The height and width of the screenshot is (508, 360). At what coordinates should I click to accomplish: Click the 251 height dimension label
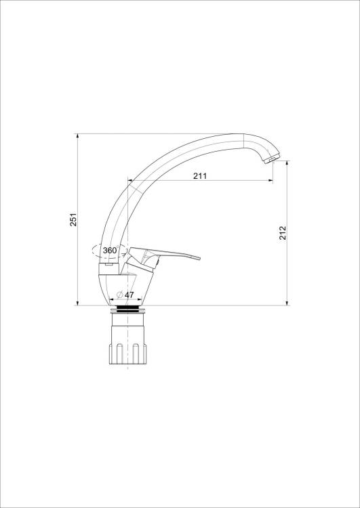pos(74,219)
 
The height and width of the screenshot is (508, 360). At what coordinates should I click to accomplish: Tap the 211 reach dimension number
pos(200,176)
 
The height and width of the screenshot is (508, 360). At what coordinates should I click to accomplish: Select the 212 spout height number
pos(283,232)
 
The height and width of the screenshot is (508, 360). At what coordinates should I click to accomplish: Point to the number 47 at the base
pos(129,295)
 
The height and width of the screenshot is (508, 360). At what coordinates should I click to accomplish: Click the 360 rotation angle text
pos(110,250)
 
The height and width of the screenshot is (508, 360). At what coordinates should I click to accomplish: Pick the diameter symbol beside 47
pos(120,295)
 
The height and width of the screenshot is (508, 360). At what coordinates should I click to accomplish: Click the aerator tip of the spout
pos(270,159)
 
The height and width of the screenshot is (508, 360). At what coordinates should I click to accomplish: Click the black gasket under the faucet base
pos(127,308)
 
